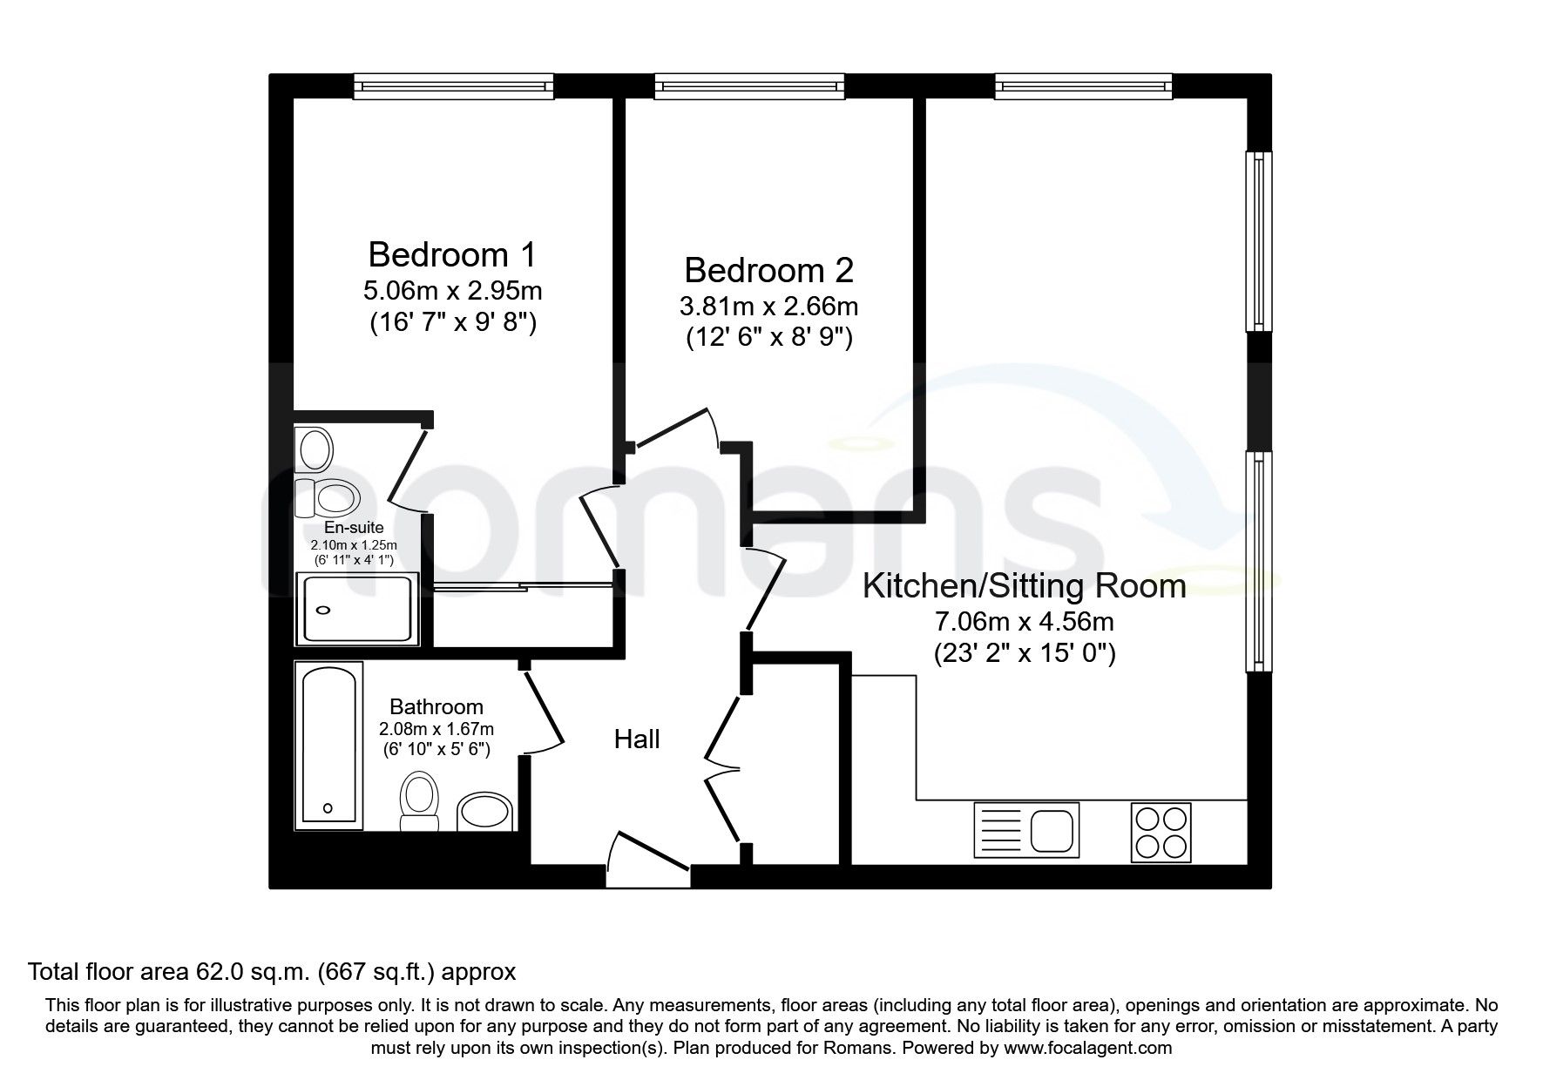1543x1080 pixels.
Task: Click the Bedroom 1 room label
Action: [451, 255]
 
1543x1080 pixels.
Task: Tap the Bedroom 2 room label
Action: [768, 271]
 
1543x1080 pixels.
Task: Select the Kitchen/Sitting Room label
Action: [1024, 586]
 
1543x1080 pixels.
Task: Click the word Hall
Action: [637, 740]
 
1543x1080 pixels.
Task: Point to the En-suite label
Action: [353, 528]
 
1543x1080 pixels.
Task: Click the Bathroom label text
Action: [436, 707]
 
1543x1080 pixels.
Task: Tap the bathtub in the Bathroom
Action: [328, 746]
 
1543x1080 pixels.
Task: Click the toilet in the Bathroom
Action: [419, 802]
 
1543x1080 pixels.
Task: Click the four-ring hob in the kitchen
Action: [1161, 832]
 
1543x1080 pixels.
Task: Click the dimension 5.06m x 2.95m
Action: [451, 290]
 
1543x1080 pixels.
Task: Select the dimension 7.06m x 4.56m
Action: [1024, 622]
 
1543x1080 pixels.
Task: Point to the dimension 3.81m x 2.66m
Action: [768, 307]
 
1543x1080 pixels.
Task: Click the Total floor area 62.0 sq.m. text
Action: [273, 971]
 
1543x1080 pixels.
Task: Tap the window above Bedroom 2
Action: [749, 84]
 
